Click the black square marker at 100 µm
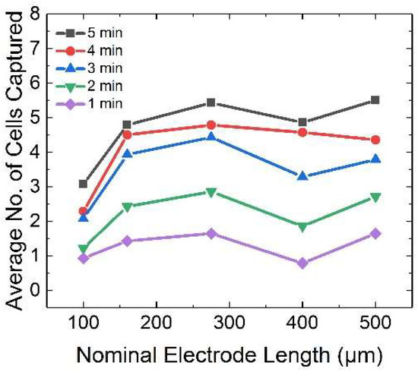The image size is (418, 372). pyautogui.click(x=83, y=184)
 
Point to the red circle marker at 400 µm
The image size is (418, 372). pyautogui.click(x=303, y=132)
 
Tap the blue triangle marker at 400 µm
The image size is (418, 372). pyautogui.click(x=303, y=176)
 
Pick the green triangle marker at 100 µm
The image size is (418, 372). pyautogui.click(x=83, y=249)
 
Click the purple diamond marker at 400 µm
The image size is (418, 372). pyautogui.click(x=303, y=263)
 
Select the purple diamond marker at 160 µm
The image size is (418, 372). pyautogui.click(x=127, y=241)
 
